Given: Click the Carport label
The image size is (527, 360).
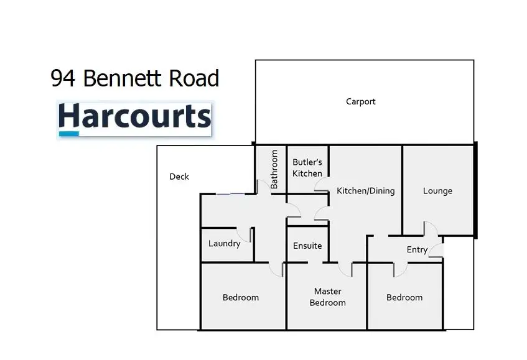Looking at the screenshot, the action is [x=361, y=101].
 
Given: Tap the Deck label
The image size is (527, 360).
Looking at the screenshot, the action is [x=179, y=177].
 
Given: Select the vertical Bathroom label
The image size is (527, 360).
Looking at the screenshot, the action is [x=274, y=169].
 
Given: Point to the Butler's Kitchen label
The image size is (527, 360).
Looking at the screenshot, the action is [x=307, y=168].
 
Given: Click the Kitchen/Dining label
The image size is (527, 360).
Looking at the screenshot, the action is [x=366, y=191].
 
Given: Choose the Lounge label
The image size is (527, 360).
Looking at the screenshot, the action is [x=437, y=191].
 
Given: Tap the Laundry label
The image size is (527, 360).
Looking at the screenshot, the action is [x=224, y=244].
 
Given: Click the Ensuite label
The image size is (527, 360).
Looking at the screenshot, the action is [x=307, y=246].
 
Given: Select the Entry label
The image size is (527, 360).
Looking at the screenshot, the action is [x=417, y=250].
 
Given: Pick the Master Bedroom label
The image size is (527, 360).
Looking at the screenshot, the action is [x=328, y=297].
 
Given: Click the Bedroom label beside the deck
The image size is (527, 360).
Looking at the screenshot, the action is [x=241, y=298].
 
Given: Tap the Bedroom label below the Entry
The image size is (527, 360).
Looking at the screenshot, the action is [x=404, y=298].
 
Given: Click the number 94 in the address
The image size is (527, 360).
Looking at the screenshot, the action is [x=62, y=78].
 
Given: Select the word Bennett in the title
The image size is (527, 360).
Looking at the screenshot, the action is [x=123, y=78].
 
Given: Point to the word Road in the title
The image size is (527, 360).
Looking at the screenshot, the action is [x=194, y=78].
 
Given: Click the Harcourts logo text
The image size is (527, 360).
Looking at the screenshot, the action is [x=135, y=116].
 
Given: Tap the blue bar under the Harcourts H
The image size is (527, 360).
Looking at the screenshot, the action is [x=69, y=134].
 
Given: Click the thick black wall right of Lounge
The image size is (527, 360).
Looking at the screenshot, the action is [x=475, y=190].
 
